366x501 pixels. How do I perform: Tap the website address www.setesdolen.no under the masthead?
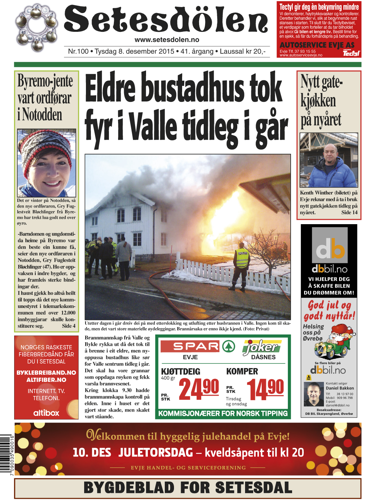(x=167, y=40)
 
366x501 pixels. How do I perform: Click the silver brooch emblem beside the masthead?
(x=37, y=28)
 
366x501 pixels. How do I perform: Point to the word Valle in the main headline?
(x=152, y=127)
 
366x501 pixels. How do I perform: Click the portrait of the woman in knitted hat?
(x=46, y=163)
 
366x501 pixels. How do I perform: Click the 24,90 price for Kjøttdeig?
(x=199, y=389)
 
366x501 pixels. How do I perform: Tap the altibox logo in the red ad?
(x=46, y=413)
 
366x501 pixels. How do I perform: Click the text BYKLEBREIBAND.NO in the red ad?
(x=46, y=373)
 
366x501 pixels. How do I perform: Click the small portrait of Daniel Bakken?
(x=314, y=394)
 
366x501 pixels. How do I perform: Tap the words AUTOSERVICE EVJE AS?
(x=317, y=45)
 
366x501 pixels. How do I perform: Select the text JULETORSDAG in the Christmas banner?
(x=156, y=453)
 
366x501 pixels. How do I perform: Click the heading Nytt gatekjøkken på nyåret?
(x=321, y=101)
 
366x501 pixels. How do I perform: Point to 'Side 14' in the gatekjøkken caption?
(x=349, y=212)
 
